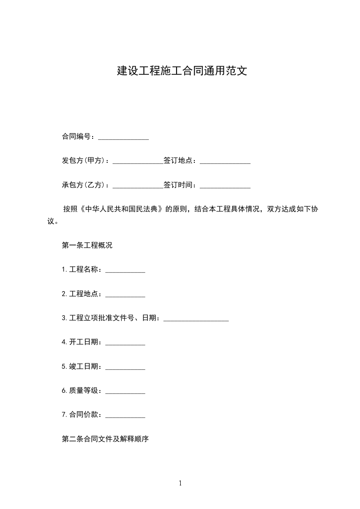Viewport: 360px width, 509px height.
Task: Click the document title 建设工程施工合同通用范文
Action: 182,71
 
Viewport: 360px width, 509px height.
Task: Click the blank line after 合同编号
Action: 123,137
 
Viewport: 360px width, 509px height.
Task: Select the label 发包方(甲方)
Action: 85,161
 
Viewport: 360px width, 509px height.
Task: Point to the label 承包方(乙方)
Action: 85,185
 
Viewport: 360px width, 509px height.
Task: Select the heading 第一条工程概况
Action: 87,246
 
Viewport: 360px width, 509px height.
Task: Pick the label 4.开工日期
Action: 82,342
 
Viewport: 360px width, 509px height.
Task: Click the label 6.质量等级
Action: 82,391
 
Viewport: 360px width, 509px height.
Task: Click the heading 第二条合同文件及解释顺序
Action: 105,439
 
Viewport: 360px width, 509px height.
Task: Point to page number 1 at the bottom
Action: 180,484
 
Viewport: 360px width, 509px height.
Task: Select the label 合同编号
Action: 78,137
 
